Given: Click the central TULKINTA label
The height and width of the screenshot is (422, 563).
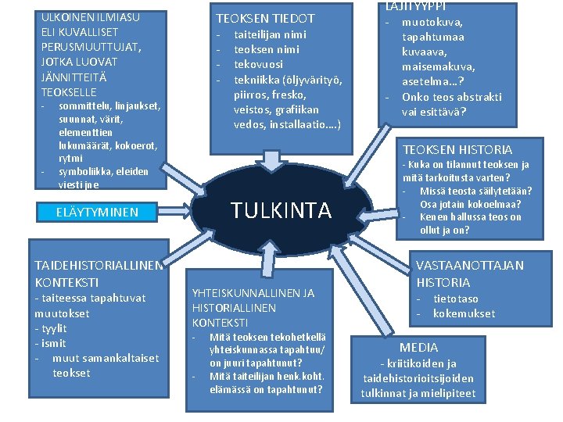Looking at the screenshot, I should pyautogui.click(x=281, y=210).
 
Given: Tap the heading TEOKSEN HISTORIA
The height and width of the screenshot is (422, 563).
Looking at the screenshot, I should pyautogui.click(x=457, y=149).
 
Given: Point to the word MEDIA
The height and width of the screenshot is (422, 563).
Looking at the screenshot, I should pyautogui.click(x=419, y=347).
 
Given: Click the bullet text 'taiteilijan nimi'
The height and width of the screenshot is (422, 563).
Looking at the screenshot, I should pyautogui.click(x=271, y=34).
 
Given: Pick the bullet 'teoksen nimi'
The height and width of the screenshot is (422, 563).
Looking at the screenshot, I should pyautogui.click(x=266, y=49).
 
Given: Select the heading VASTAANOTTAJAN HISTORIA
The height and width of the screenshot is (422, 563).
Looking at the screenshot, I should pyautogui.click(x=469, y=274).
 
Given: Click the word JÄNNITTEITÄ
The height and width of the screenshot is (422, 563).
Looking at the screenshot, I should pyautogui.click(x=75, y=77).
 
